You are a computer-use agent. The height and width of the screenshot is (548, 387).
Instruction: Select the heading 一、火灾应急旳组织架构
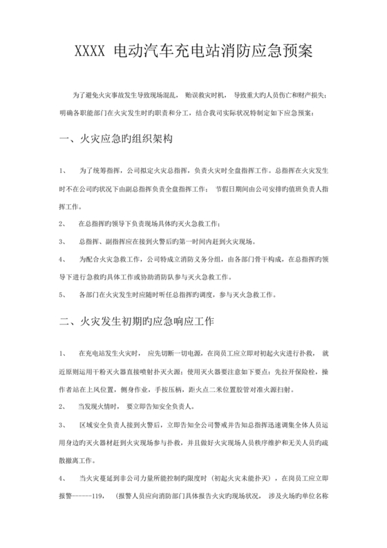(x=116, y=139)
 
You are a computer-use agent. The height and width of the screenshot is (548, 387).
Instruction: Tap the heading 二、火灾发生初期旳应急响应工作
(x=137, y=322)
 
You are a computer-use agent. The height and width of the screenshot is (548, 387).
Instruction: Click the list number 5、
(x=63, y=294)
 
